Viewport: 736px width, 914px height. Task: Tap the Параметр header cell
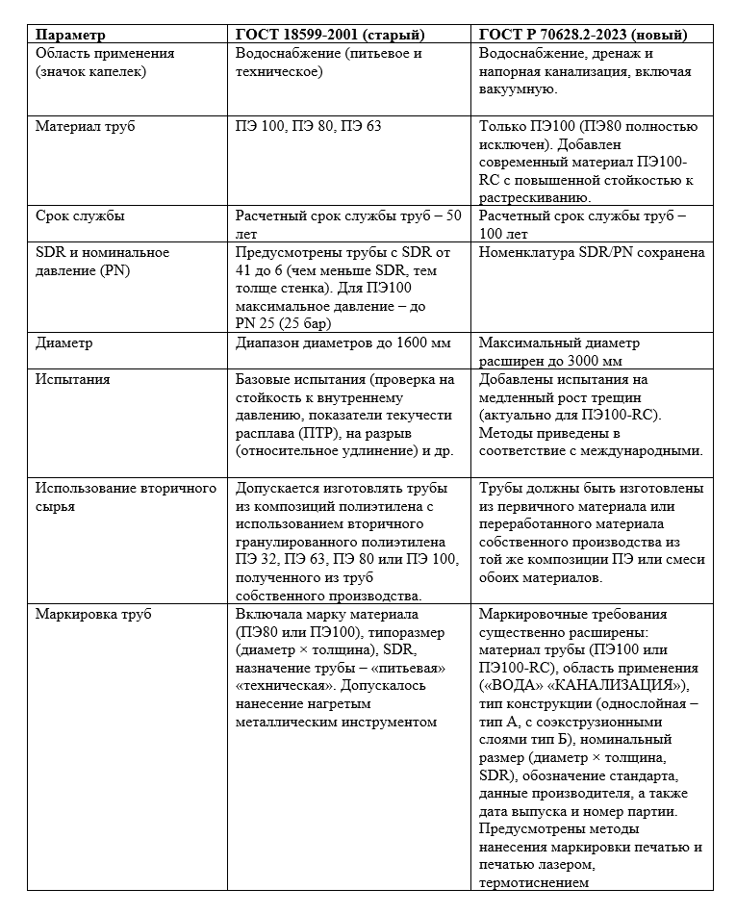pyautogui.click(x=70, y=35)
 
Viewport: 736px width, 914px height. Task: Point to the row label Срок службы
pyautogui.click(x=80, y=216)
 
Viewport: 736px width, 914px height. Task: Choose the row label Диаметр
pyautogui.click(x=64, y=343)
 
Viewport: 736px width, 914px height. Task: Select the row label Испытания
pyautogui.click(x=72, y=379)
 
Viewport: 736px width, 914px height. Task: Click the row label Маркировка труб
pyautogui.click(x=93, y=614)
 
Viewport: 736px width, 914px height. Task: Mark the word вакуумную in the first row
pyautogui.click(x=517, y=89)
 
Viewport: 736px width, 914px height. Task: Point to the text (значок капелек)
pyautogui.click(x=90, y=71)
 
